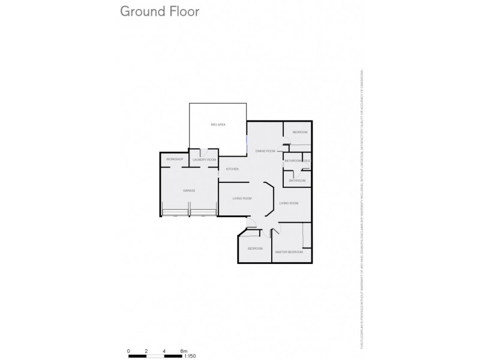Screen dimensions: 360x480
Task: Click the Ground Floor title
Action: click(159, 11)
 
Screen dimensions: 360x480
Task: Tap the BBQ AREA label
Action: click(218, 125)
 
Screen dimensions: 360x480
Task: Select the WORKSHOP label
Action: click(174, 159)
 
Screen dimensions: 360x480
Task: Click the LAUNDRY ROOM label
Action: click(204, 160)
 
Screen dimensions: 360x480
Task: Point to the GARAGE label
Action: click(189, 190)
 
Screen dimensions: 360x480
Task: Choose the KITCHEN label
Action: click(232, 169)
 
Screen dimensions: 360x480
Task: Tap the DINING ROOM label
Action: click(265, 151)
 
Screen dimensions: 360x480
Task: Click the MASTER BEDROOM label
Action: click(289, 252)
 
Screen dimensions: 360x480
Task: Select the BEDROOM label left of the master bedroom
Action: click(255, 248)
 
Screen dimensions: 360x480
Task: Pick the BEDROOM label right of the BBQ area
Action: click(300, 132)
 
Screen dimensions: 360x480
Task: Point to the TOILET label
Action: click(307, 161)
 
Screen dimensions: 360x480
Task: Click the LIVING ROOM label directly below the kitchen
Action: click(242, 199)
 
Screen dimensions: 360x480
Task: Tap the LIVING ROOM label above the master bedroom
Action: click(289, 203)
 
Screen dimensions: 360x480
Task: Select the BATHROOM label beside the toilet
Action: click(293, 161)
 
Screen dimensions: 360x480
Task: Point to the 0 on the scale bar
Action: click(128, 350)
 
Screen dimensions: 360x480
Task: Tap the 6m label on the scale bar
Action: click(184, 350)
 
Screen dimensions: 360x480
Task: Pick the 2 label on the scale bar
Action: click(146, 350)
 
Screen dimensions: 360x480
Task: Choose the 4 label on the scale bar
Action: click(164, 350)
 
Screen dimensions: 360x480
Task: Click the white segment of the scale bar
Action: click(155, 356)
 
